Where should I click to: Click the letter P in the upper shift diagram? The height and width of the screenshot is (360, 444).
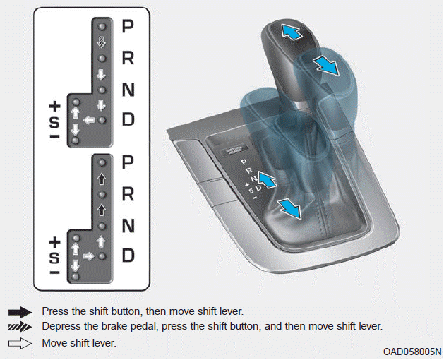point(128,27)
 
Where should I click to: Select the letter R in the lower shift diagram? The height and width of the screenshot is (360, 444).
point(128,193)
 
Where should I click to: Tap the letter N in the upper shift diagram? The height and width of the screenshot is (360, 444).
point(128,90)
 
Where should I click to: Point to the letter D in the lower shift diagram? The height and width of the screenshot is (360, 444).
point(128,256)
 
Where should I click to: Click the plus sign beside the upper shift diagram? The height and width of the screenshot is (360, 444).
point(54,107)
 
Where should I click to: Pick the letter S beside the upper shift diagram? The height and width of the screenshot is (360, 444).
point(54,121)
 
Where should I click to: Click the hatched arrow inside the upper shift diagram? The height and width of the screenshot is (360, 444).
point(101,41)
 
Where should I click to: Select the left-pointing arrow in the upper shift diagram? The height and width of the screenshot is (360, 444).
point(89,121)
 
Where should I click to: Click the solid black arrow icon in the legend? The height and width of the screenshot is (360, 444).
point(19,311)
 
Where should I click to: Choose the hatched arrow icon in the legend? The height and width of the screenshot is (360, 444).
point(19,327)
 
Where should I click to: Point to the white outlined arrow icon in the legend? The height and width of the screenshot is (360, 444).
point(19,343)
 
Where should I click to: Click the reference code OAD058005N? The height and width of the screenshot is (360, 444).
point(412,351)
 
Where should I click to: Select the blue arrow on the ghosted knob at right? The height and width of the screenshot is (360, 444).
point(327,66)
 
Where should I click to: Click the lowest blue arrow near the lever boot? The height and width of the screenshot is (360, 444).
point(288,208)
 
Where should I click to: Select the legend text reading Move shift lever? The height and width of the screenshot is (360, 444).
point(79,343)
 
